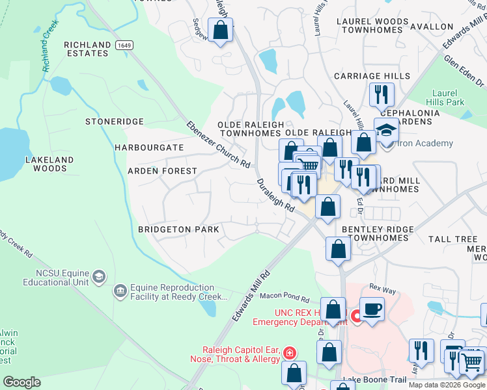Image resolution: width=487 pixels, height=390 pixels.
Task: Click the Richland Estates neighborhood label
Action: (x=87, y=49)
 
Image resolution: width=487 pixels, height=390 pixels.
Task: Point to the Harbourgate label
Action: (x=149, y=148)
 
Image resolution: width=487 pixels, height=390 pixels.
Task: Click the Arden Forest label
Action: (x=162, y=171)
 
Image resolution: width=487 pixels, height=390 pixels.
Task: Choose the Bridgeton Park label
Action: (x=178, y=229)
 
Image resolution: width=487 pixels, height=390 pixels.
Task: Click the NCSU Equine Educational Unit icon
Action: (x=99, y=276)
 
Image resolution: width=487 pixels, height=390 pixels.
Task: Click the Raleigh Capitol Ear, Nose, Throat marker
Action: (x=289, y=353)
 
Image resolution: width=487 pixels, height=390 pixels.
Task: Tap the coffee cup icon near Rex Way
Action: (x=372, y=308)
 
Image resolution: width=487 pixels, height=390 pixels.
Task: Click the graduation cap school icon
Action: (x=387, y=129)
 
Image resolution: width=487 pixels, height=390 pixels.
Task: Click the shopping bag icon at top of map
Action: (x=221, y=29)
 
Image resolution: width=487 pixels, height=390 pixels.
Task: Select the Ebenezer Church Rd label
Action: (x=218, y=145)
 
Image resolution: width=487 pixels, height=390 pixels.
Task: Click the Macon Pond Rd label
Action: (x=285, y=297)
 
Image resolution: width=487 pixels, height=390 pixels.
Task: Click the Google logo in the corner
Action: (x=21, y=382)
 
